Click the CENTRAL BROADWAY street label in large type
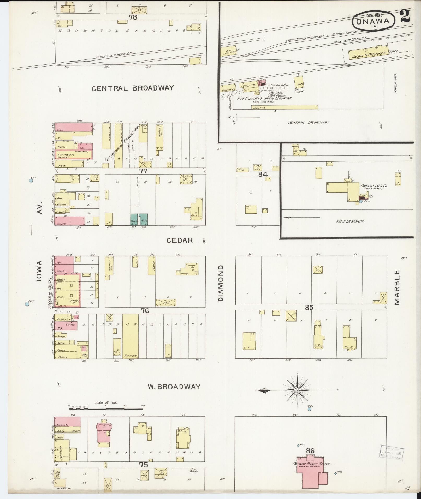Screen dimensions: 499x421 click(x=133, y=88)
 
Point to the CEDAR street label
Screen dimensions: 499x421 click(x=180, y=240)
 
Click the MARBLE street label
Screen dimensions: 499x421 click(x=397, y=287)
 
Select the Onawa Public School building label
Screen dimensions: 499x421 click(x=312, y=464)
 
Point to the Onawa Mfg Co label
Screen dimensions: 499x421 click(x=374, y=186)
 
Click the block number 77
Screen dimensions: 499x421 click(x=143, y=171)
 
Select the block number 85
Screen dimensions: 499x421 click(x=309, y=308)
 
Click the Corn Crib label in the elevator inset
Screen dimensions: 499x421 click(x=259, y=107)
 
